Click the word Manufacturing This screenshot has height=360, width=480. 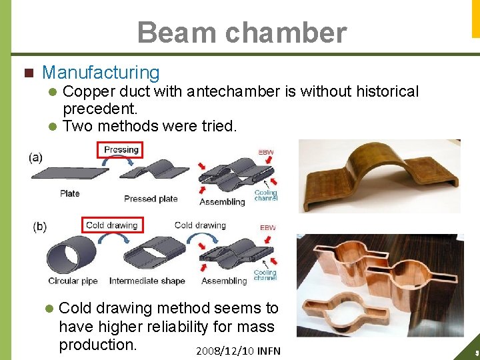click(101, 73)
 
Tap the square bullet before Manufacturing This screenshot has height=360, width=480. click(27, 73)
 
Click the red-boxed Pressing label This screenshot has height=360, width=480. click(121, 150)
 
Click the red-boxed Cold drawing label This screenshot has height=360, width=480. click(111, 225)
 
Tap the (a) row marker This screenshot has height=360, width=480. click(36, 158)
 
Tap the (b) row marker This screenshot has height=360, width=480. click(39, 227)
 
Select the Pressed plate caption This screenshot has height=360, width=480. click(151, 199)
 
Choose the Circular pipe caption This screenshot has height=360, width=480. click(73, 281)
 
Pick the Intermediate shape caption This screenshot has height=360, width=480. click(147, 281)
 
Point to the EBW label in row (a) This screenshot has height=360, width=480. click(265, 153)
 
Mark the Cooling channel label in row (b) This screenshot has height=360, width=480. click(265, 275)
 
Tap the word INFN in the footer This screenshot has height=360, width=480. click(269, 351)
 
